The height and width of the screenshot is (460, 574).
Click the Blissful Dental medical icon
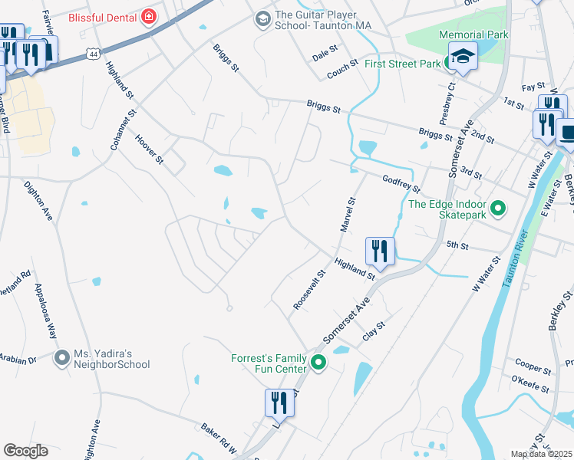coord(147,16)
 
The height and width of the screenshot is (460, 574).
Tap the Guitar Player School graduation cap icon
coord(262,18)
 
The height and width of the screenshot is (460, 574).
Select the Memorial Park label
coord(473,34)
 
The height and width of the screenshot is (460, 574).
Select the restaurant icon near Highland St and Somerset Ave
coord(380,250)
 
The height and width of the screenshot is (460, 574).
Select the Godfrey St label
coord(401,183)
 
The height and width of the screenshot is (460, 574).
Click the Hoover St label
coord(150,149)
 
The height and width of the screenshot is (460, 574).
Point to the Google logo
coord(25,451)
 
